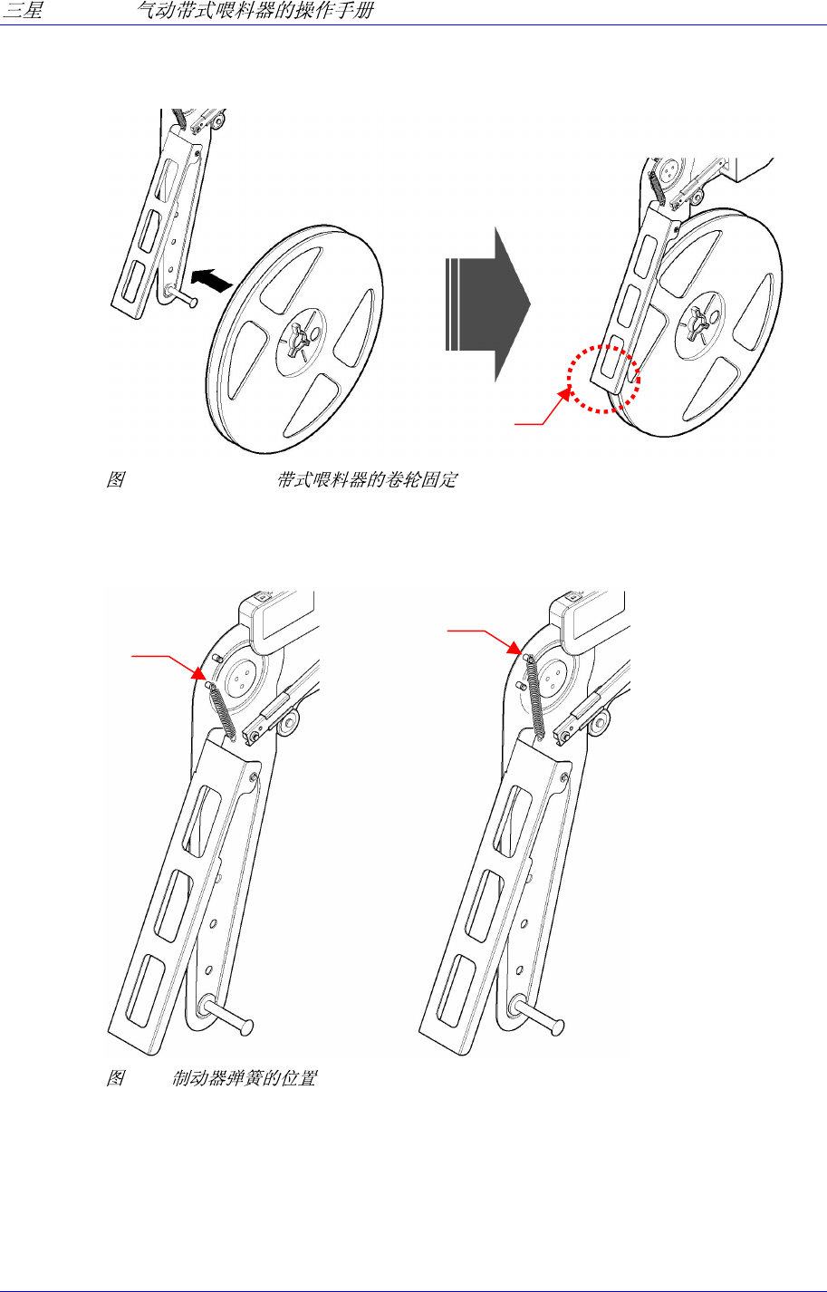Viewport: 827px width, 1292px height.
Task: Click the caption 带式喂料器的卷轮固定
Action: pyautogui.click(x=366, y=479)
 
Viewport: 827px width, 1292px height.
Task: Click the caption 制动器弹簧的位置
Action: pyautogui.click(x=244, y=1080)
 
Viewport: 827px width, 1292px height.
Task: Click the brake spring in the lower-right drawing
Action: pyautogui.click(x=535, y=693)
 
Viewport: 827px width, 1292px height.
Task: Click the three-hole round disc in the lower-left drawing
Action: pyautogui.click(x=241, y=674)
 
